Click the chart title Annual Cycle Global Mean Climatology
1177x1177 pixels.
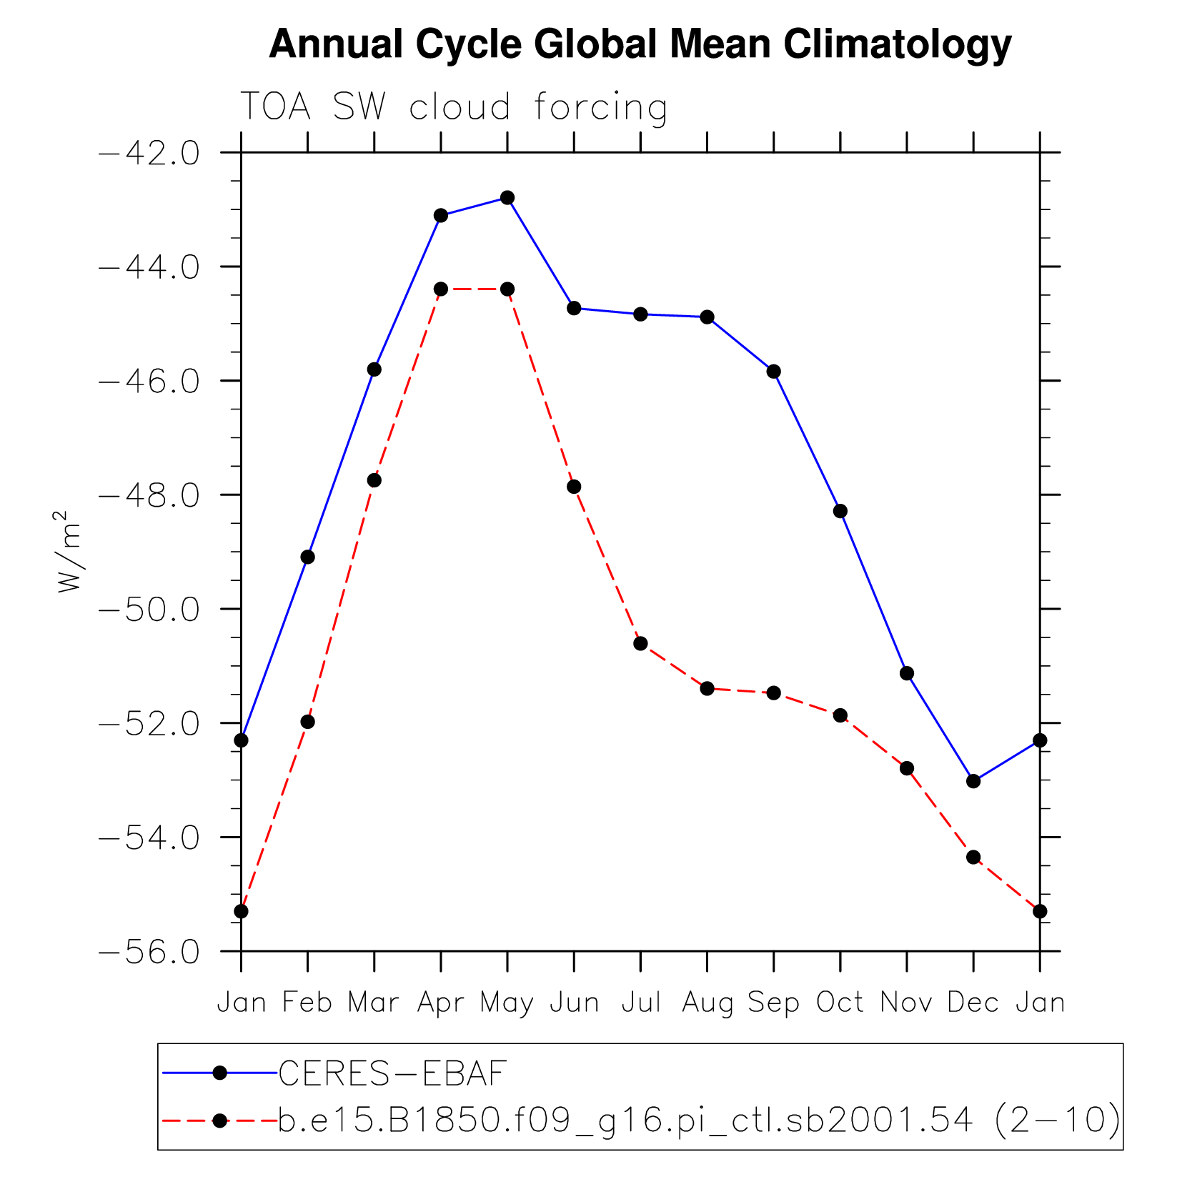[x=640, y=44]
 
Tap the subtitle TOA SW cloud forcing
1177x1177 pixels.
[x=453, y=107]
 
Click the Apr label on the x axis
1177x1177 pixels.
[x=441, y=1003]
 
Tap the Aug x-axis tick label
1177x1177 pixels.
[x=707, y=1003]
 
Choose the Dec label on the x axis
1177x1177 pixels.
[x=973, y=1003]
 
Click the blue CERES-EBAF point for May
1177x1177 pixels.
[x=507, y=198]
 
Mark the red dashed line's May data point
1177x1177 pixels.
[x=507, y=289]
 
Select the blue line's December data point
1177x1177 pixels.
[x=973, y=781]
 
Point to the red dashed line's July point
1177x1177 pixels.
[x=640, y=644]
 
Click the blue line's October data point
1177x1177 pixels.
[x=840, y=511]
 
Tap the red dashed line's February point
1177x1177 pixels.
[x=307, y=722]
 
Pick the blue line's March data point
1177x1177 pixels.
[x=374, y=369]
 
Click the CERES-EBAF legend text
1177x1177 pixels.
[x=392, y=1073]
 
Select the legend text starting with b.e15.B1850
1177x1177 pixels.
[x=699, y=1120]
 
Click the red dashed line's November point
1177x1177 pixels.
[x=907, y=768]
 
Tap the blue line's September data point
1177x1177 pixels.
[x=773, y=372]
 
